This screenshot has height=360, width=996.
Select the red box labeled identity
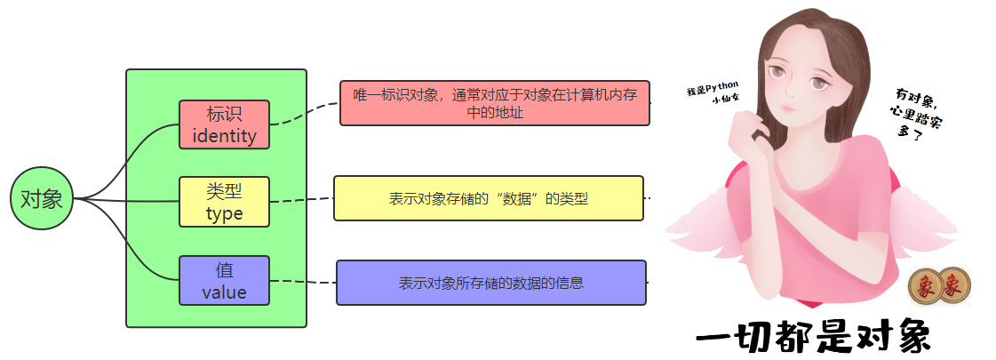click(224, 124)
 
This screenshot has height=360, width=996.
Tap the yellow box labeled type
click(224, 202)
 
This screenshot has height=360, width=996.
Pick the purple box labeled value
click(224, 281)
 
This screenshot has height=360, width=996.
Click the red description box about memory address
click(494, 103)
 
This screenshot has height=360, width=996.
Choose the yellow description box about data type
click(488, 198)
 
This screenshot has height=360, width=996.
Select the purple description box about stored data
click(490, 283)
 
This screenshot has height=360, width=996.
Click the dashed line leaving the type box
click(301, 200)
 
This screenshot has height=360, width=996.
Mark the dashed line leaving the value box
click(302, 282)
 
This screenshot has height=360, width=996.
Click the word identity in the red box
click(224, 136)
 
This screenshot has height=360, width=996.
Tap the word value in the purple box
click(224, 292)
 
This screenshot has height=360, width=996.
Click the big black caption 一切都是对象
click(812, 339)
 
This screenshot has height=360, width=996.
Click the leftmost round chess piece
click(924, 286)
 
